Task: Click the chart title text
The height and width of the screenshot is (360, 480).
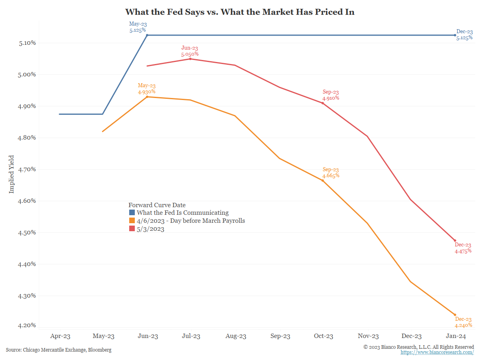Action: point(240,12)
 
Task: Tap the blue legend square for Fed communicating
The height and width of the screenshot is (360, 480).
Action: point(132,213)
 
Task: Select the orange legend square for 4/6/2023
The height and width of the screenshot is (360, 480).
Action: point(132,221)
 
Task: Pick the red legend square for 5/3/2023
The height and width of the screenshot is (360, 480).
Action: point(132,229)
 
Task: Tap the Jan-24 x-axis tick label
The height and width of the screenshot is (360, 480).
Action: point(455,336)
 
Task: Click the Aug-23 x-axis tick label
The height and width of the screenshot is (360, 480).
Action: point(235,336)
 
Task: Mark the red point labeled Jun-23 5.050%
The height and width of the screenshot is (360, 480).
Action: point(190,59)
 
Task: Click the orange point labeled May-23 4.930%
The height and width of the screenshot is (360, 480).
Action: point(147,97)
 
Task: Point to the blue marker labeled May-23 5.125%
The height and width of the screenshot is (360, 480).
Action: point(147,35)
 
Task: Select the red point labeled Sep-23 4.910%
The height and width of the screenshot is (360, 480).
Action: point(322,103)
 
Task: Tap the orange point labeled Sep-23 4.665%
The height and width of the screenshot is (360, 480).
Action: point(322,181)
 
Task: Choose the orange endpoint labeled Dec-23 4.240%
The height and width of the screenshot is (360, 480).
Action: point(455,315)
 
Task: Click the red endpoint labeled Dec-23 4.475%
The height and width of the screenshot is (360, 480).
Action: point(455,240)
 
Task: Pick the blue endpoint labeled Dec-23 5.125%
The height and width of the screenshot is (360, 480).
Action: point(455,35)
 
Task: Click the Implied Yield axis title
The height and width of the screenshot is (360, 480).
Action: point(11,174)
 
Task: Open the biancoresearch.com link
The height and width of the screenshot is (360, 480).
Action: point(437,352)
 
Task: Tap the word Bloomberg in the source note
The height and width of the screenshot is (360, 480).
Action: point(100,350)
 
